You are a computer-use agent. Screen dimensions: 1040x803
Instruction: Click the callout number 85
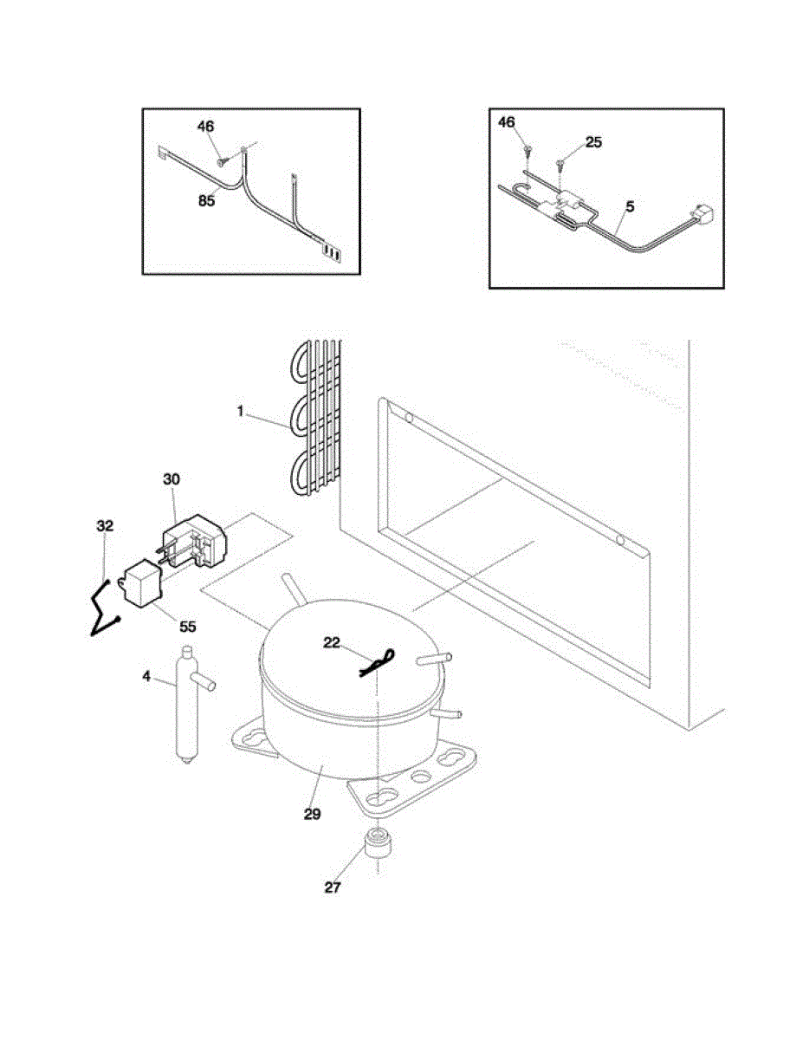tap(205, 201)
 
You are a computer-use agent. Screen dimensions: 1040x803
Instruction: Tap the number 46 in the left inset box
tap(205, 127)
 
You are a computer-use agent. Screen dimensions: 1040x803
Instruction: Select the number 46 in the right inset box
tap(506, 123)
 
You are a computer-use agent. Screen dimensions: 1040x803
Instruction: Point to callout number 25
tap(593, 141)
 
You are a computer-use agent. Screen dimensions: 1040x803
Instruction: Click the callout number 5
tap(630, 207)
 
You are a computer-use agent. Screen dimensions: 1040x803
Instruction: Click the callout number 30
tap(171, 478)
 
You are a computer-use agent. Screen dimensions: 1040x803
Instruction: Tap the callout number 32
tap(105, 526)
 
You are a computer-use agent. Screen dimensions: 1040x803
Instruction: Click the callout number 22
tap(332, 641)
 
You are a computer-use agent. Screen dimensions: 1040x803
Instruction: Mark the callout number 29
tap(312, 814)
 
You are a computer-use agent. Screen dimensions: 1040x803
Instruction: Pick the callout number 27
tap(333, 887)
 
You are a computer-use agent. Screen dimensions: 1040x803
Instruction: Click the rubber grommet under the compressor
tap(377, 844)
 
